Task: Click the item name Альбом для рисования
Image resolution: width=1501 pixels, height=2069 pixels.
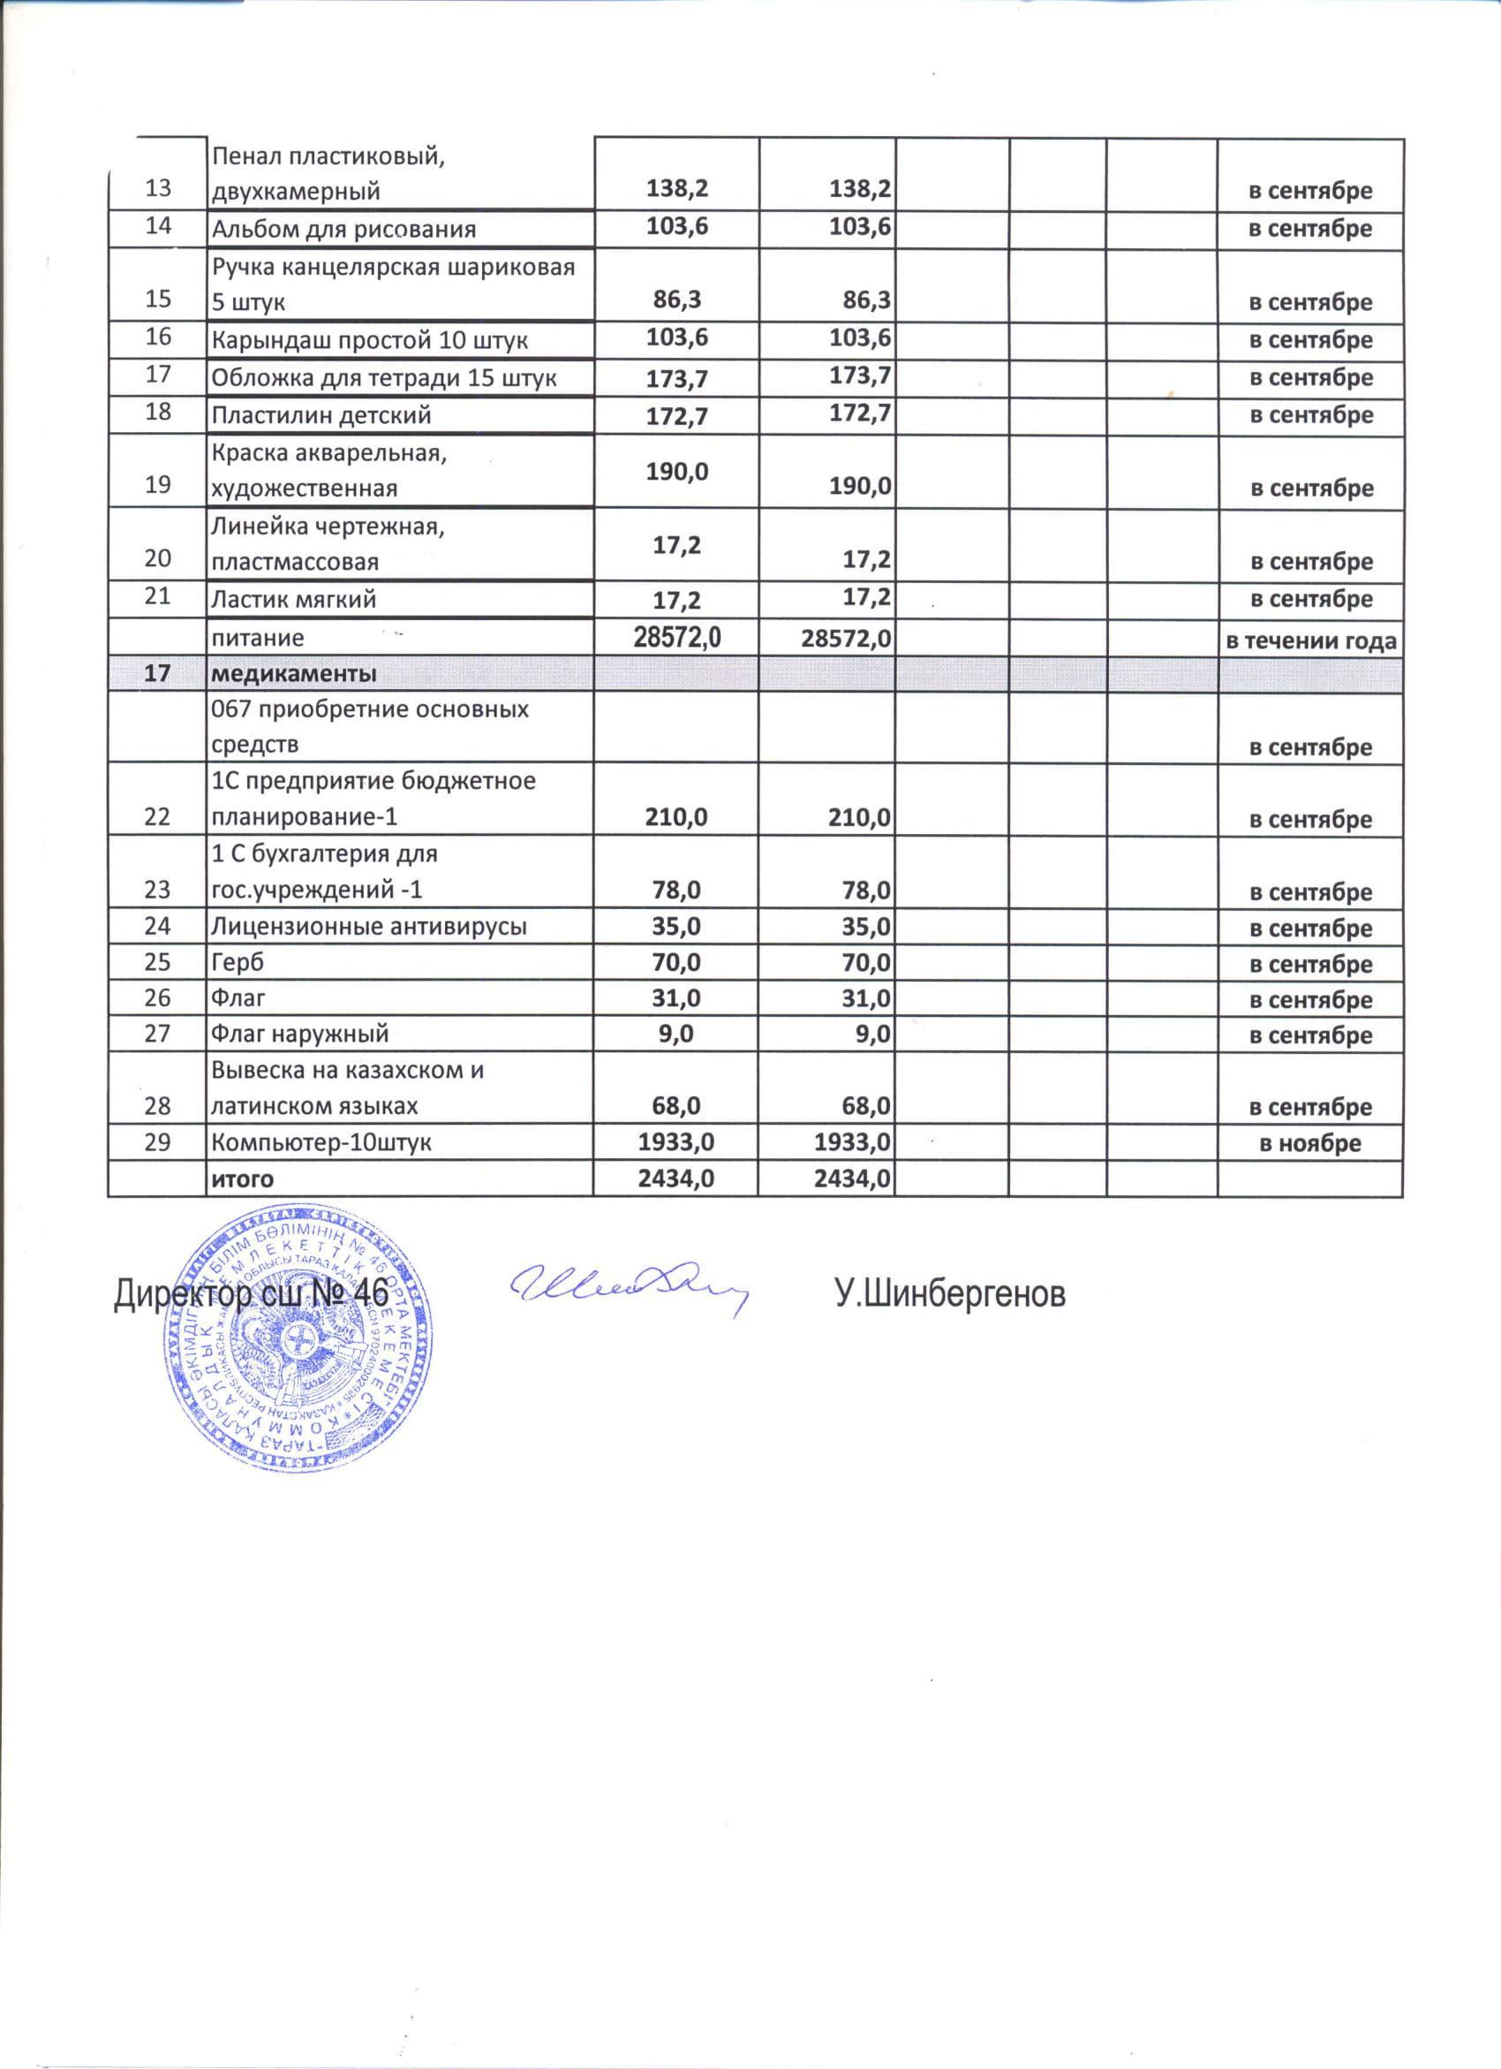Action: [343, 229]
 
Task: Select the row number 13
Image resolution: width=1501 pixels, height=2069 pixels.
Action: [158, 189]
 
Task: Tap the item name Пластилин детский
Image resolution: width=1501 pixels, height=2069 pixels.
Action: [321, 416]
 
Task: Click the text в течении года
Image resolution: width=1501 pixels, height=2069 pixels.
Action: [1309, 640]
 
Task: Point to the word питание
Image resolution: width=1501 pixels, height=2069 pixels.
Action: [258, 638]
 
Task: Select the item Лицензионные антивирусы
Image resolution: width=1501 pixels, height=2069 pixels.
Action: [368, 927]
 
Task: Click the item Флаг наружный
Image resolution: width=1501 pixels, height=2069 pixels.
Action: [300, 1034]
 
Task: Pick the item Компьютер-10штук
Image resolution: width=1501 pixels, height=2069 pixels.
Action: [322, 1142]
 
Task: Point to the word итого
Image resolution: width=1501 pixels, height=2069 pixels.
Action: [243, 1179]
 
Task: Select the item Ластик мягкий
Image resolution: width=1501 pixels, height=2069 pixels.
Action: [294, 600]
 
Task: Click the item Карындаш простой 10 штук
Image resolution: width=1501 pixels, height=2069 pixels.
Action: [369, 341]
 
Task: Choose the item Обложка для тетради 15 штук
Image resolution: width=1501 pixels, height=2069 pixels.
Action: [384, 378]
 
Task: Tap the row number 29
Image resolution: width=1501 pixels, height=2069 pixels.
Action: [158, 1142]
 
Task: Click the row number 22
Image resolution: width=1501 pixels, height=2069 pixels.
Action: [158, 816]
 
